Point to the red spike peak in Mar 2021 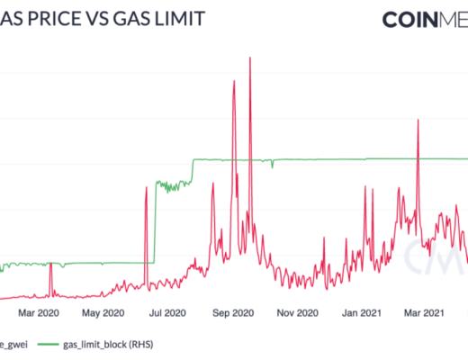click(418, 121)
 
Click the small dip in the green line click(271, 166)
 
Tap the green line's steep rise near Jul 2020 click(154, 225)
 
